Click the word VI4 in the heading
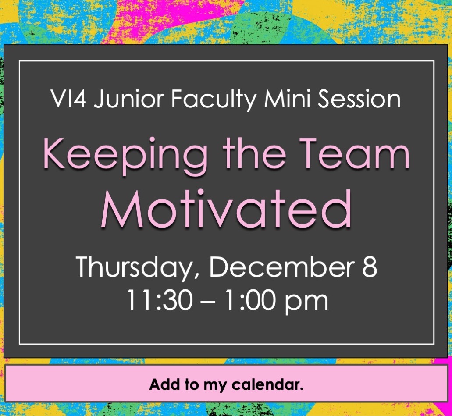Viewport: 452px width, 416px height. click(68, 99)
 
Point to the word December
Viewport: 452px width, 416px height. click(282, 266)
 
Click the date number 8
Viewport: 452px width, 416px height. click(369, 267)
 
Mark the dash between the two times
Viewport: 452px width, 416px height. click(208, 302)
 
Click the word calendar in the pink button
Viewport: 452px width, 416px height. click(267, 384)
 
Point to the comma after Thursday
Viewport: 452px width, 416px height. click(196, 275)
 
